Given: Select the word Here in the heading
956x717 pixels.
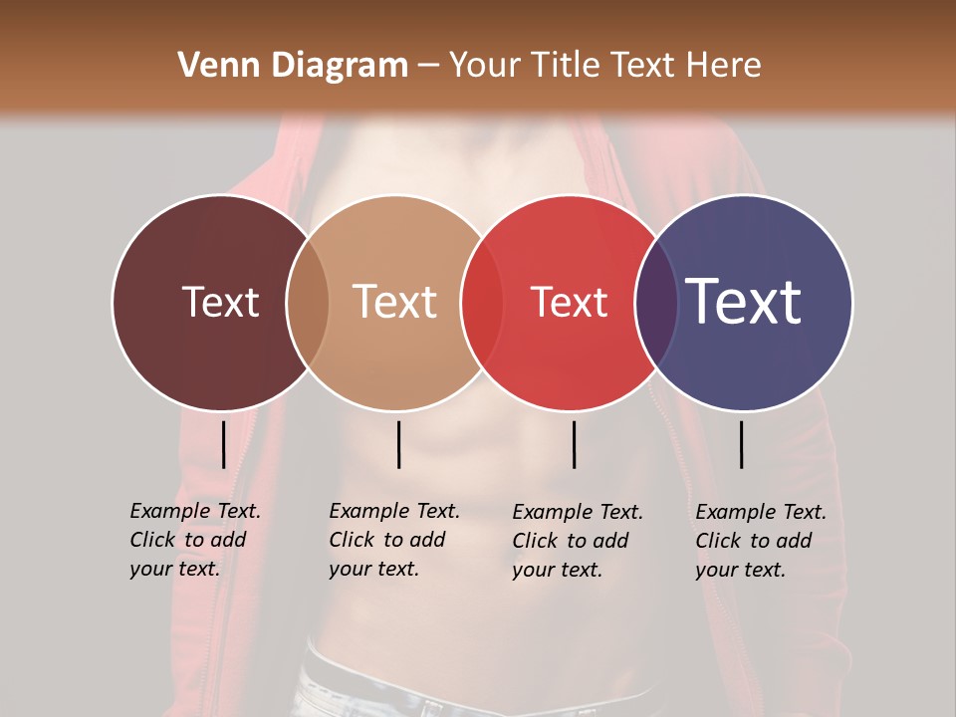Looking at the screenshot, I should [x=724, y=66].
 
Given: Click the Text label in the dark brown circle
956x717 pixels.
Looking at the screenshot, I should [x=220, y=302].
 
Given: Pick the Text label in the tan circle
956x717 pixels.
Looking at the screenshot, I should [x=394, y=302].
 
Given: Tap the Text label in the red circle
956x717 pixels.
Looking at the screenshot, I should [x=569, y=302].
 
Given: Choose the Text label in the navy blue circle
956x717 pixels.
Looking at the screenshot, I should [x=744, y=302].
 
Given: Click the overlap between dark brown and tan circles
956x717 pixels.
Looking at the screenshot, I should [x=308, y=302].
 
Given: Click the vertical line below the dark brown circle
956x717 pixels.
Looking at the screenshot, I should [x=223, y=444].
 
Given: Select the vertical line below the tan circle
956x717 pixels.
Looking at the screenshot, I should [x=398, y=444].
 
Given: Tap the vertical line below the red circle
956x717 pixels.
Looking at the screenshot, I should [x=574, y=444].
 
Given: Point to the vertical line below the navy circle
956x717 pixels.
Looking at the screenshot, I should [x=741, y=444].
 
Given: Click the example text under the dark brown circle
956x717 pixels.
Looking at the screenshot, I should [x=194, y=540].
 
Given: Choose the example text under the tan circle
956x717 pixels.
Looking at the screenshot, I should [x=393, y=540].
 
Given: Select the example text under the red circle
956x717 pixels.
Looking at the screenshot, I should [x=577, y=541].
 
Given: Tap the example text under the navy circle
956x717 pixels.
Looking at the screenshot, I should [x=760, y=541].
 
